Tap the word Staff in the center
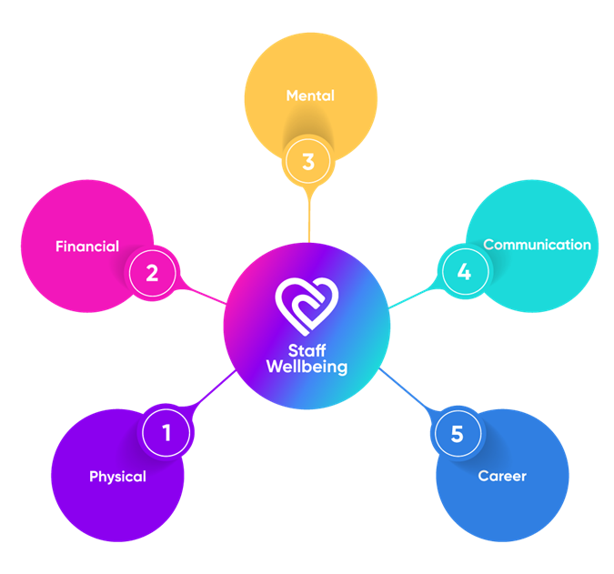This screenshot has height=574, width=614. point(307,350)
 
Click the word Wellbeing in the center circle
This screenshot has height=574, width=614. point(307,367)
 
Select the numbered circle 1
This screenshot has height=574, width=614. point(166,433)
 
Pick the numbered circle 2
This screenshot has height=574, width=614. point(152,272)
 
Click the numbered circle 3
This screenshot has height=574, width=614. point(308,163)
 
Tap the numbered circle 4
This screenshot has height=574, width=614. point(464,272)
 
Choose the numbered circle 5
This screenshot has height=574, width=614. point(457,434)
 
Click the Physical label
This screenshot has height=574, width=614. point(117,477)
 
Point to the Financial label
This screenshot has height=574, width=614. point(87,247)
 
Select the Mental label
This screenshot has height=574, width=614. point(310,96)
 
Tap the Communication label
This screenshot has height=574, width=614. point(537,245)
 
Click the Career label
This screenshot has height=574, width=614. point(502,476)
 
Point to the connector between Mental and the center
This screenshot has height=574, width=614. point(308,218)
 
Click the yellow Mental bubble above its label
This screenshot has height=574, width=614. point(310,59)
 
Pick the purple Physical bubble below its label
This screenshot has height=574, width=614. point(117,514)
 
